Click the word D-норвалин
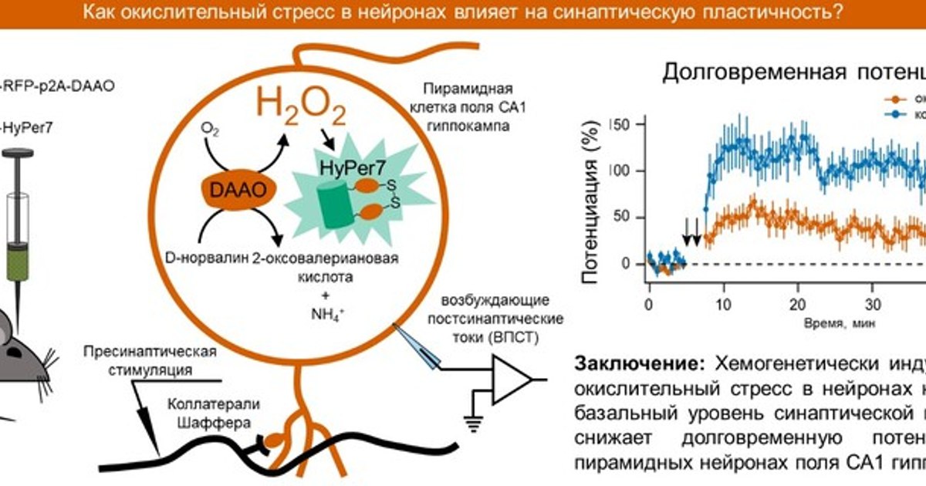207,259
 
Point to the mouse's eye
11,348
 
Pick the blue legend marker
895,113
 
